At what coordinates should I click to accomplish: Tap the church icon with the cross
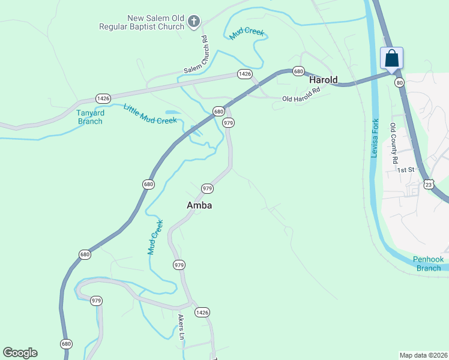click(x=193, y=23)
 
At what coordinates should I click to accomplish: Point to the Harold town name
click(x=323, y=80)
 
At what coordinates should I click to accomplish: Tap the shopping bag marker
click(x=391, y=59)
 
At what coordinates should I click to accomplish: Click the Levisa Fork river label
click(x=375, y=139)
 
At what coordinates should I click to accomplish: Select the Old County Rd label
click(x=394, y=143)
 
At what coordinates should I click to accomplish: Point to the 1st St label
click(x=406, y=170)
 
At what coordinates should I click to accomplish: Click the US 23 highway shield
click(x=428, y=184)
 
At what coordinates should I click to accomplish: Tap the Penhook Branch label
click(x=429, y=263)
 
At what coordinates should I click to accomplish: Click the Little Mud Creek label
click(x=150, y=114)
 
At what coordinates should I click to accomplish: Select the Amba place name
click(x=199, y=205)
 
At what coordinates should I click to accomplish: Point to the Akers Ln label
click(x=180, y=327)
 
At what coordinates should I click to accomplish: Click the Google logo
click(x=20, y=353)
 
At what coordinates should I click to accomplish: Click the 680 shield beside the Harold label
click(x=298, y=71)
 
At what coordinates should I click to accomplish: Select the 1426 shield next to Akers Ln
click(x=202, y=312)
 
